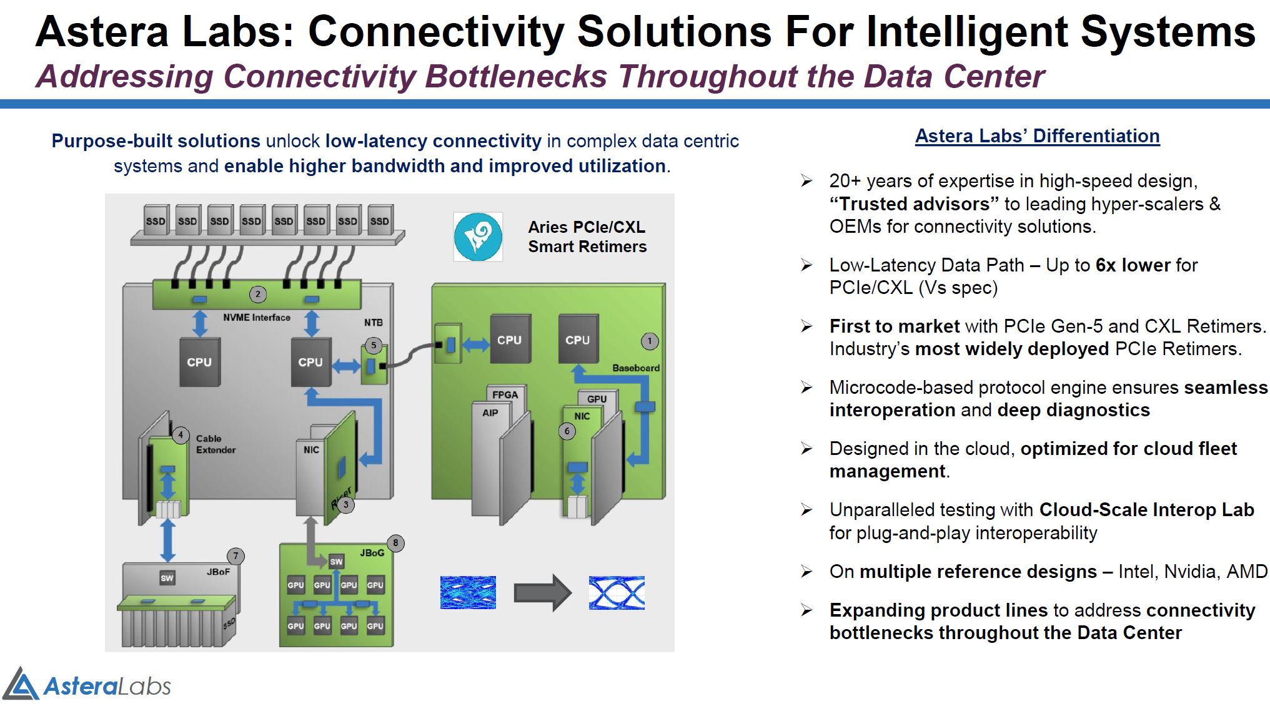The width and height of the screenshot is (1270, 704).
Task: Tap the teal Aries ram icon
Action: (478, 237)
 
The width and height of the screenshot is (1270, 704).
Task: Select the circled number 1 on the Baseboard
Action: (650, 341)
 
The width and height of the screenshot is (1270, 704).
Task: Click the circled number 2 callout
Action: (257, 294)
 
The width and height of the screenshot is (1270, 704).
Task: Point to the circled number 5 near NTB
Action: (374, 345)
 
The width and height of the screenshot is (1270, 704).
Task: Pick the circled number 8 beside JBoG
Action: (395, 543)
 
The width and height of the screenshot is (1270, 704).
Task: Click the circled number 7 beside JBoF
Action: (236, 556)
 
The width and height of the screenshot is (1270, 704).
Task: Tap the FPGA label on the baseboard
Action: (505, 394)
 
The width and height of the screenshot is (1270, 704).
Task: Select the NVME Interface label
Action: (257, 318)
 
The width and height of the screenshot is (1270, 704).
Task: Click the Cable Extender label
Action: (216, 444)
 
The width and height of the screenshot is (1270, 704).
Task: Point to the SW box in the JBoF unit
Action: (167, 578)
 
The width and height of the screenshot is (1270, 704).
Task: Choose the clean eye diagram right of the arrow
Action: (617, 592)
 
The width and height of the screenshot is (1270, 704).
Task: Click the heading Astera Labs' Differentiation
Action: (1037, 136)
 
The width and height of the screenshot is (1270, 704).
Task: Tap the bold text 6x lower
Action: (1133, 265)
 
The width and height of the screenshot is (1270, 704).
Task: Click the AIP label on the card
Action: (490, 413)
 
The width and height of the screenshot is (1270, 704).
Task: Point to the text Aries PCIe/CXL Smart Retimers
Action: (587, 237)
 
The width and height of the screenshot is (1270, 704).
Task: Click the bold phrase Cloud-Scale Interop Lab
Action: (1146, 510)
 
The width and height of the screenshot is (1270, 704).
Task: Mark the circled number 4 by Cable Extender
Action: (181, 435)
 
